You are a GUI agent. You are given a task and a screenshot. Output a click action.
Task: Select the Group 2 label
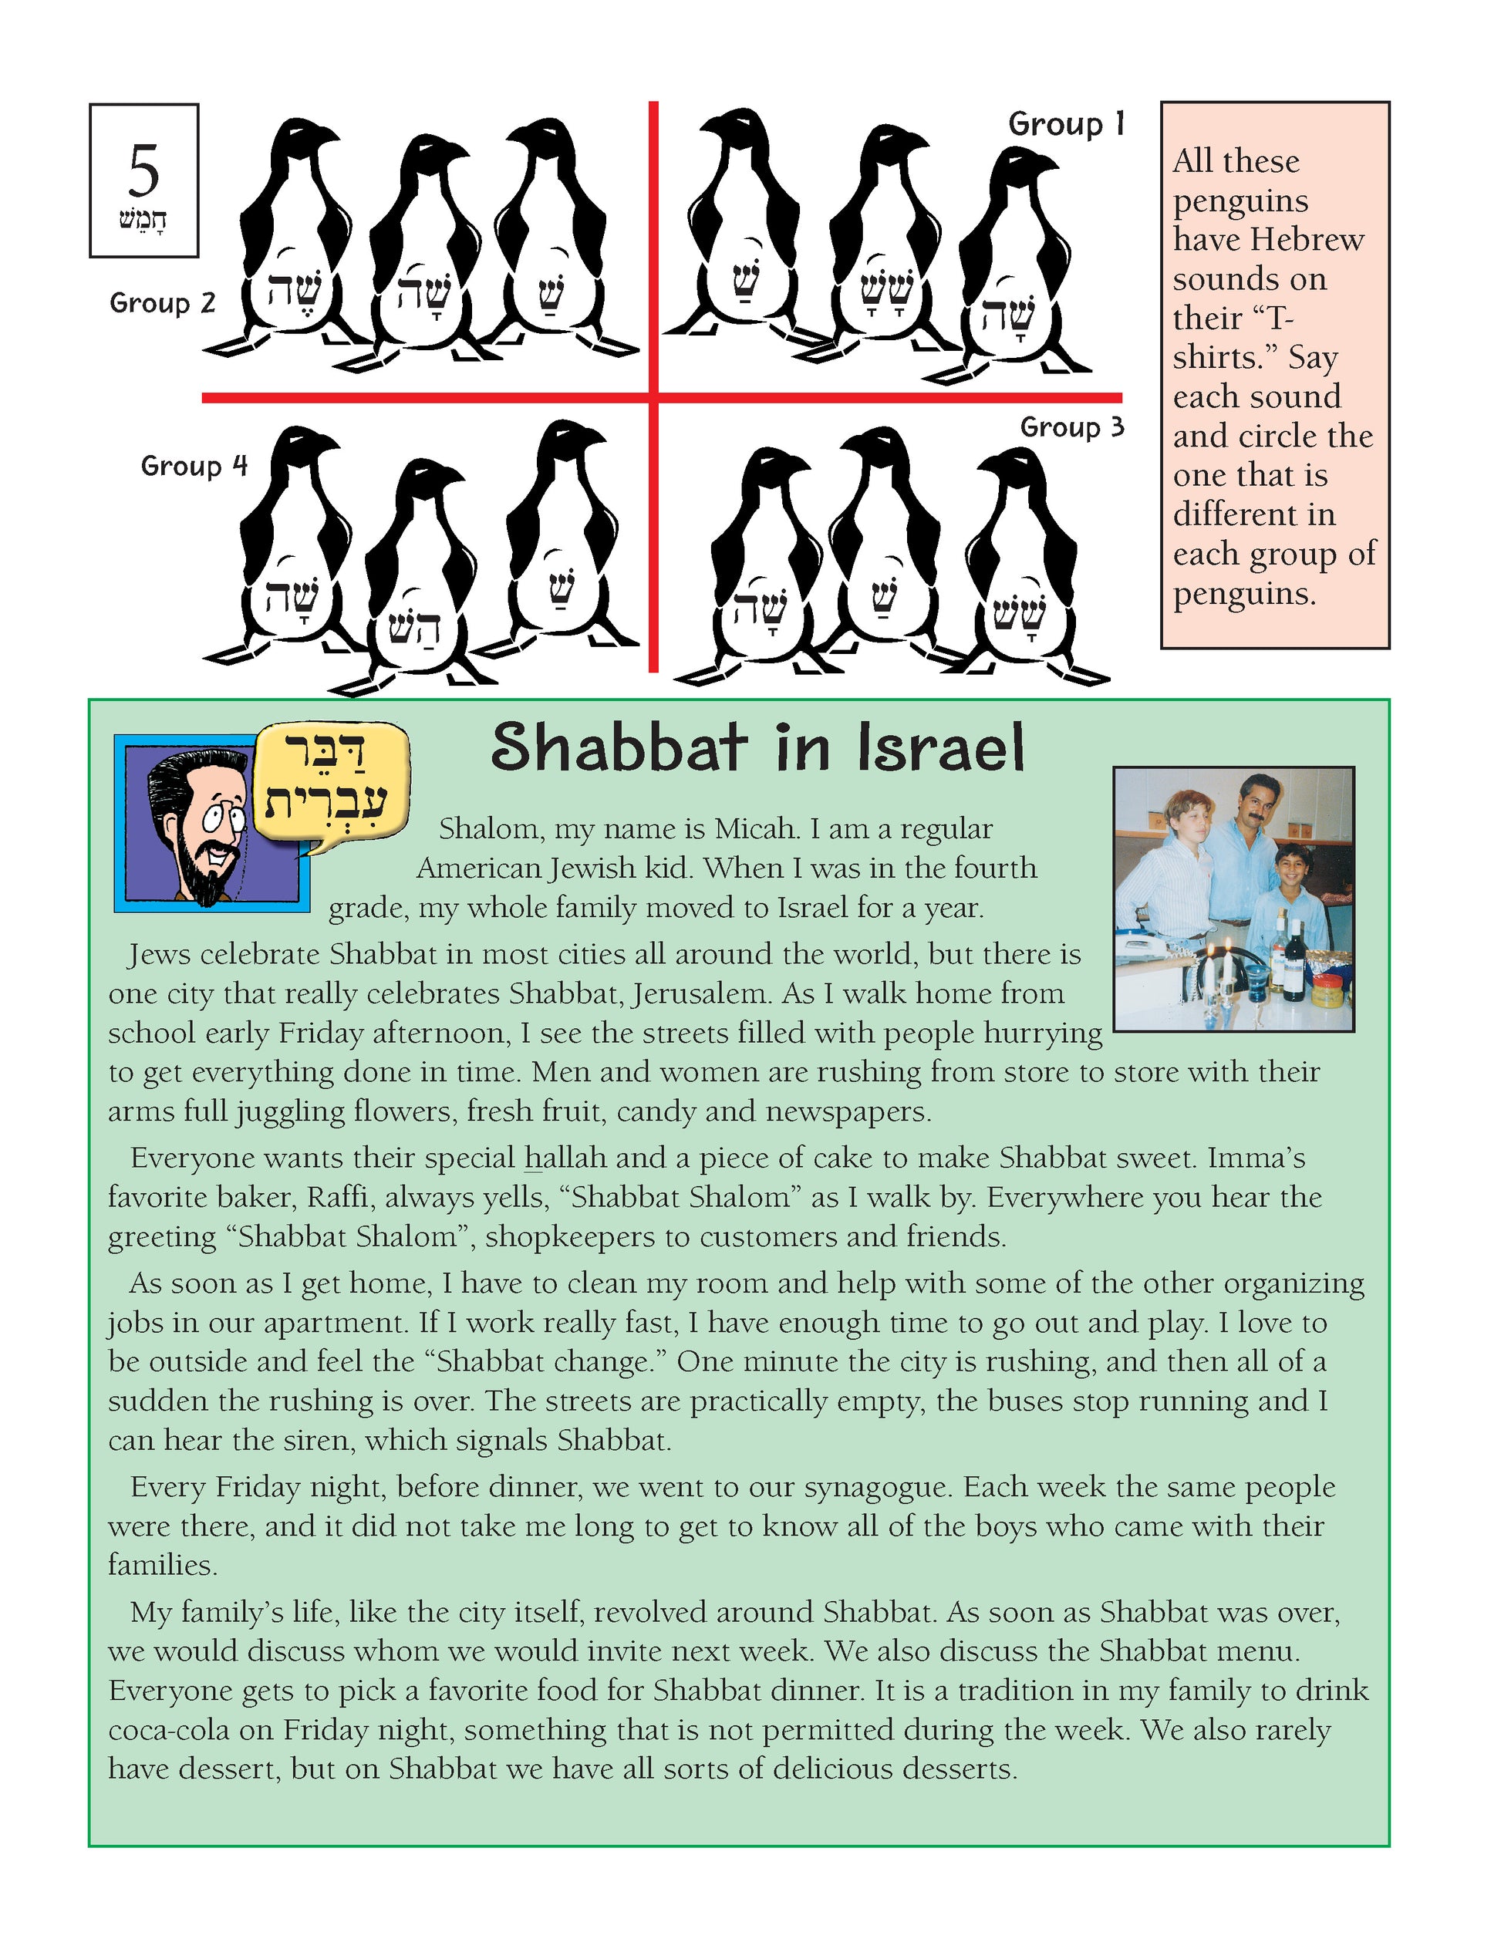coord(163,303)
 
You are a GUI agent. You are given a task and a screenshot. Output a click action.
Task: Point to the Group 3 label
coord(1072,427)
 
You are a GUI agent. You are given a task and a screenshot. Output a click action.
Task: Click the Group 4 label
coord(194,466)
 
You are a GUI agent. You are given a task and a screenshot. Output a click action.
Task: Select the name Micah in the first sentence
coord(755,829)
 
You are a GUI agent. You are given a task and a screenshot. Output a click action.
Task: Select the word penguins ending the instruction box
coord(1244,592)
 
